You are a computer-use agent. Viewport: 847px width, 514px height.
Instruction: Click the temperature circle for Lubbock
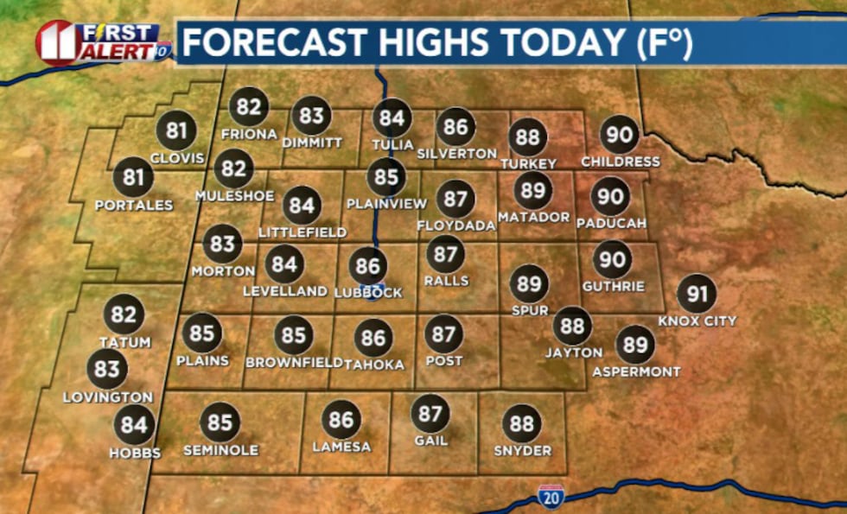pyautogui.click(x=368, y=265)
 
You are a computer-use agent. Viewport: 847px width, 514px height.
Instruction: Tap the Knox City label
pyautogui.click(x=697, y=321)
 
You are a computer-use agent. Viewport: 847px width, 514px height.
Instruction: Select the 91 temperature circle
pyautogui.click(x=697, y=294)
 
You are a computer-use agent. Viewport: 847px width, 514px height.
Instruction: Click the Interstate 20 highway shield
pyautogui.click(x=551, y=497)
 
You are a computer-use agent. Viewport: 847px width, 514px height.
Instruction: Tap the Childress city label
pyautogui.click(x=620, y=162)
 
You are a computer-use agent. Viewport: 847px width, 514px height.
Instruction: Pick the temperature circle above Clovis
pyautogui.click(x=176, y=131)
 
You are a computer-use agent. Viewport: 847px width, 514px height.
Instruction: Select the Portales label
pyautogui.click(x=134, y=206)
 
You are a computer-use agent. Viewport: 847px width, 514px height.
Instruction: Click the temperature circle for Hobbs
pyautogui.click(x=135, y=425)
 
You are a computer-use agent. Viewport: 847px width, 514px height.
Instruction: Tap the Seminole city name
pyautogui.click(x=220, y=450)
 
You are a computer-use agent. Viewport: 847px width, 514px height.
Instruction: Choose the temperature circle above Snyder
pyautogui.click(x=522, y=424)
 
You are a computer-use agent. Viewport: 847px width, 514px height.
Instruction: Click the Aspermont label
pyautogui.click(x=636, y=372)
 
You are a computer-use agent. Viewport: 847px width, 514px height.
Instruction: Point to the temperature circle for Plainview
pyautogui.click(x=386, y=177)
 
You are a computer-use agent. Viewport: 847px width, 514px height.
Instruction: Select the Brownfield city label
pyautogui.click(x=294, y=363)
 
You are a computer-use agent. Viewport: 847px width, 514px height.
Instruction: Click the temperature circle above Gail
pyautogui.click(x=430, y=413)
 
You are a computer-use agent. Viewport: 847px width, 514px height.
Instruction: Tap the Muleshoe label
pyautogui.click(x=234, y=196)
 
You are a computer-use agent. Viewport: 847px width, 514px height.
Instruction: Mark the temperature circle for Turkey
pyautogui.click(x=528, y=136)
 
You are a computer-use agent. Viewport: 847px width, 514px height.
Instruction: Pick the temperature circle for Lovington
pyautogui.click(x=107, y=370)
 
